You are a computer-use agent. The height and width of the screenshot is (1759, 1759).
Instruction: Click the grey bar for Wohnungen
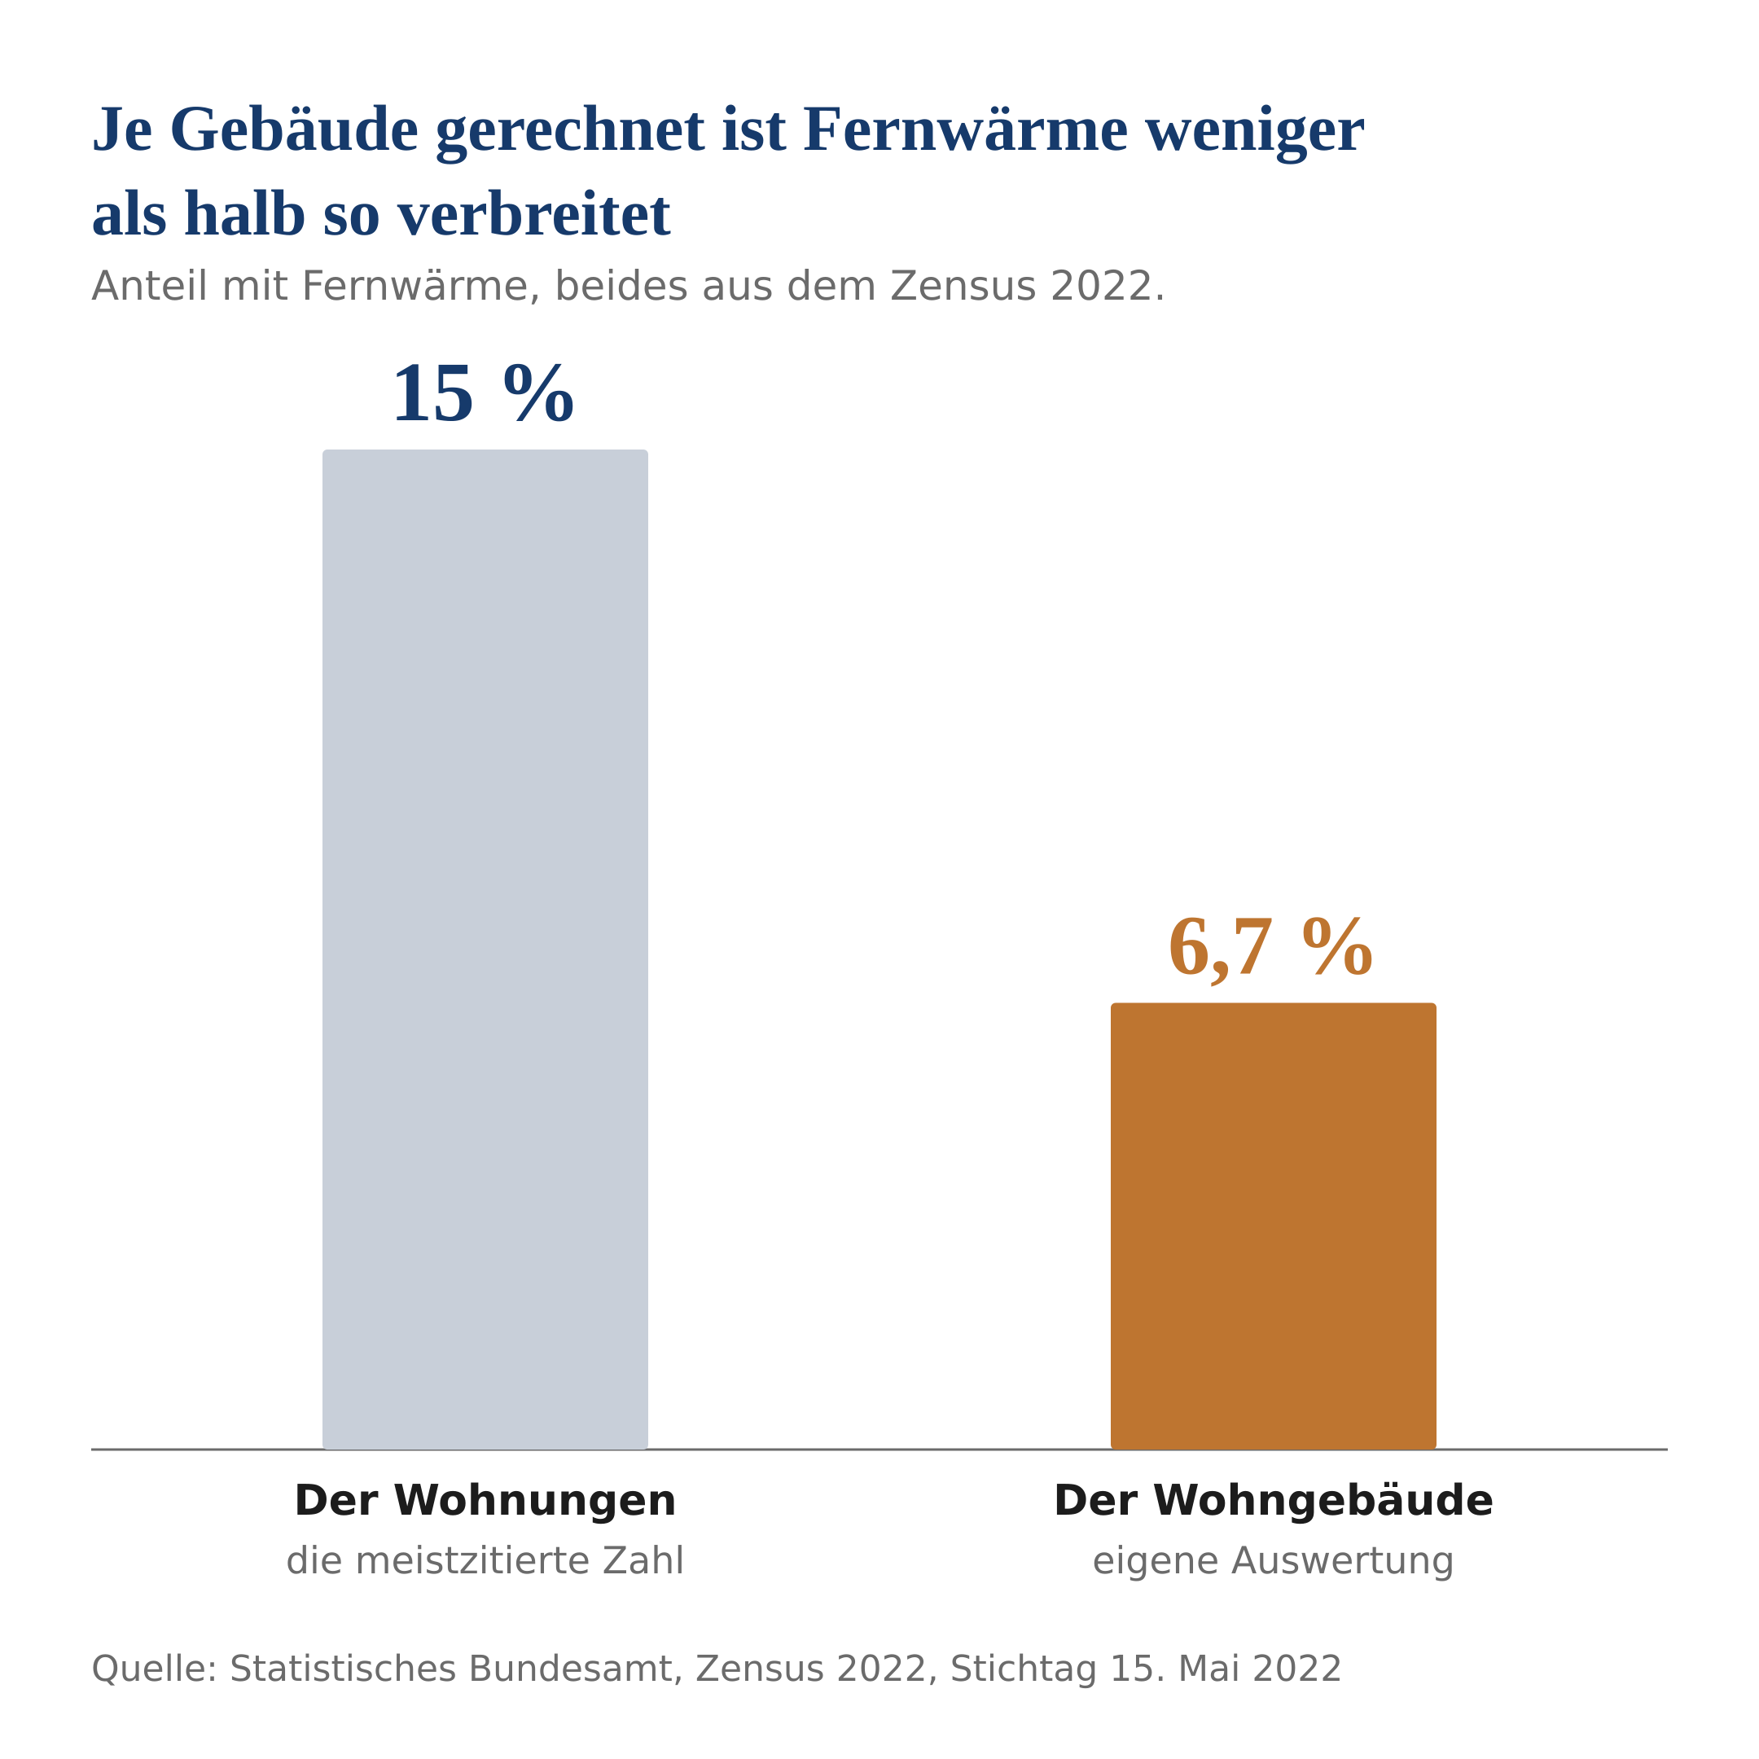[485, 949]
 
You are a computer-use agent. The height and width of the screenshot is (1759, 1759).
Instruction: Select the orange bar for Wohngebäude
[1274, 1226]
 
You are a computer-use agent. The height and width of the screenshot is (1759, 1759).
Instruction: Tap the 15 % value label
[483, 394]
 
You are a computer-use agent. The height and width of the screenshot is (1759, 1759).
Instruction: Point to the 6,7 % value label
[1270, 948]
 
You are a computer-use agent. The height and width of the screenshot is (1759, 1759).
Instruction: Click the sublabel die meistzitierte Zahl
[485, 1560]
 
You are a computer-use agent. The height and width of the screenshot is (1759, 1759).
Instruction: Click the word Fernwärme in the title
[966, 129]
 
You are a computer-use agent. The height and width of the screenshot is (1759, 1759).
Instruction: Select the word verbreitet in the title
[533, 215]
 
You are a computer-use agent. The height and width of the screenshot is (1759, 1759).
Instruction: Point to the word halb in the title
[244, 215]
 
